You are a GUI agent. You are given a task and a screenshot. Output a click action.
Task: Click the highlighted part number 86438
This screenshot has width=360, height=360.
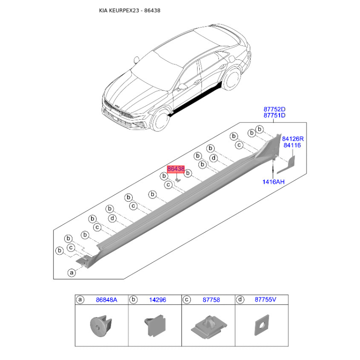tap(175, 169)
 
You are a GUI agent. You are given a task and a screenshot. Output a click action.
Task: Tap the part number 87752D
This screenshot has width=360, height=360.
tap(274, 109)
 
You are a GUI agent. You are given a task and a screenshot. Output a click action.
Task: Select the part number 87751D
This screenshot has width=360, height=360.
tap(274, 115)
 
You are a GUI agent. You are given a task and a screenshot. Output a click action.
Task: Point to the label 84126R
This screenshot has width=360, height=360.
tap(293, 139)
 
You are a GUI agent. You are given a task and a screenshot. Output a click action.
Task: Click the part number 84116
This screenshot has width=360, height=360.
tap(292, 145)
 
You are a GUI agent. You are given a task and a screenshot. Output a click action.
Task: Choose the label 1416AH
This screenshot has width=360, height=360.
tap(274, 182)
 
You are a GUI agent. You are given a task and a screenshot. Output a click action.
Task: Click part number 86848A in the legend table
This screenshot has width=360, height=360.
tap(107, 300)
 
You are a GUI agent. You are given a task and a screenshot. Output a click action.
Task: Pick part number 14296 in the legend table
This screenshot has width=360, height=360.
tap(157, 300)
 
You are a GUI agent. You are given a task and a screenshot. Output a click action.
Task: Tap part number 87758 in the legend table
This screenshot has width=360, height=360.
tap(211, 300)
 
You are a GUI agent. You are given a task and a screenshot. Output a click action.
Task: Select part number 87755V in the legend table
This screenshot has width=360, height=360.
tap(265, 300)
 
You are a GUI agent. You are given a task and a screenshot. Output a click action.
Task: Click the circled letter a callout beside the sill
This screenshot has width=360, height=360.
tap(72, 273)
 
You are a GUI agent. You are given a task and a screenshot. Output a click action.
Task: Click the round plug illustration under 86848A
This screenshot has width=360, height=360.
tap(100, 325)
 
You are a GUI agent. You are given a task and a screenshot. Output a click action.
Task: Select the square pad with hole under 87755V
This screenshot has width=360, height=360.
tap(262, 325)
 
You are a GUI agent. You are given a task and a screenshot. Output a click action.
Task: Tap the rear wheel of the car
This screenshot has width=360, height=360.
tap(232, 80)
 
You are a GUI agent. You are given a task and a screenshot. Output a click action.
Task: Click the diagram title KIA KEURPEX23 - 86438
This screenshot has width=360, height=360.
tap(130, 10)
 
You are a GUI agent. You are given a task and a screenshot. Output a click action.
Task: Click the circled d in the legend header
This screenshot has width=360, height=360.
tap(240, 300)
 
